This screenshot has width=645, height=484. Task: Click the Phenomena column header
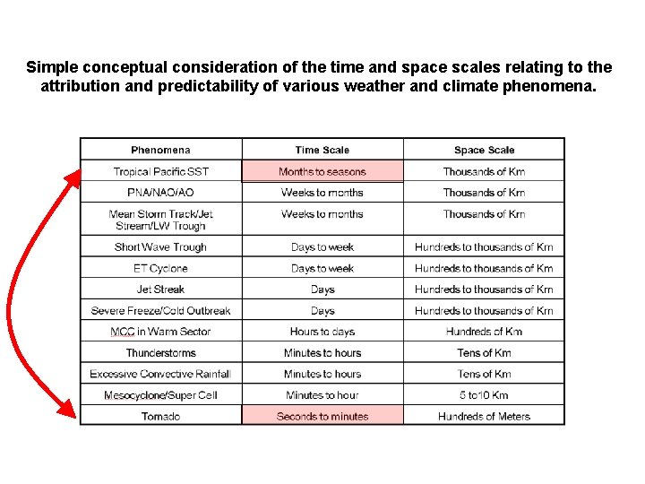pos(160,150)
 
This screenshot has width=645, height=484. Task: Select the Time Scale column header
pos(322,150)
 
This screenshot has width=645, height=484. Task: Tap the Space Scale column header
pos(484,150)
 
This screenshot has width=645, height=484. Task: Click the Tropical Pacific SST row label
pos(160,171)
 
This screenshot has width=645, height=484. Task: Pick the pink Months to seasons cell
pos(322,171)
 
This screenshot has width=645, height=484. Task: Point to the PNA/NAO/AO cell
pos(160,193)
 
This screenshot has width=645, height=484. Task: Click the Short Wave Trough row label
pos(160,247)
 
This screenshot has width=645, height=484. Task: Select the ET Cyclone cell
pos(160,268)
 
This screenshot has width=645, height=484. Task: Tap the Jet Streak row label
pos(160,290)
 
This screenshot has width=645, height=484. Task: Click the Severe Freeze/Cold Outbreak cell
pos(160,311)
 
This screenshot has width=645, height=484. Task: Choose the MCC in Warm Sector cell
pos(160,332)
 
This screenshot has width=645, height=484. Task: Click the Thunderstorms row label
pos(160,353)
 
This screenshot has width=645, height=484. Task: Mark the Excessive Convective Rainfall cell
pos(160,374)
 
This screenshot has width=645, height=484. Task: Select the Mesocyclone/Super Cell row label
pos(160,395)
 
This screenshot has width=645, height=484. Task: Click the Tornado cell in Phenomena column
pos(160,416)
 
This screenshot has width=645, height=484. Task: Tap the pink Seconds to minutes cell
pos(322,416)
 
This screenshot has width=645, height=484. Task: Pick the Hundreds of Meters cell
pos(484,416)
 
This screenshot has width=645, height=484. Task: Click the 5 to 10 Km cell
pos(484,395)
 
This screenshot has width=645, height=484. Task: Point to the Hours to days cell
pos(322,332)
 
